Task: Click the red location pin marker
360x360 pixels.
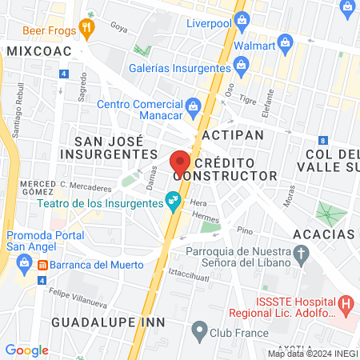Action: click(x=180, y=160)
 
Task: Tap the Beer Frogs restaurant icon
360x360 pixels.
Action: click(x=87, y=29)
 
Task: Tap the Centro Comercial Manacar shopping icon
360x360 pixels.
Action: click(x=193, y=104)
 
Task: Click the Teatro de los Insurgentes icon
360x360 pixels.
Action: click(x=171, y=200)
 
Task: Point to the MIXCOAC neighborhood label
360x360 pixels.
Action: click(x=38, y=51)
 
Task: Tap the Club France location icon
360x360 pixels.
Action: click(x=201, y=329)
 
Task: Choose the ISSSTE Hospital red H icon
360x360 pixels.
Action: click(x=346, y=303)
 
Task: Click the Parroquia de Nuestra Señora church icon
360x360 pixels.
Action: click(x=301, y=255)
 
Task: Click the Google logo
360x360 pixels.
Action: click(x=26, y=350)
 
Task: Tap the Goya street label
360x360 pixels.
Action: click(x=119, y=27)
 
